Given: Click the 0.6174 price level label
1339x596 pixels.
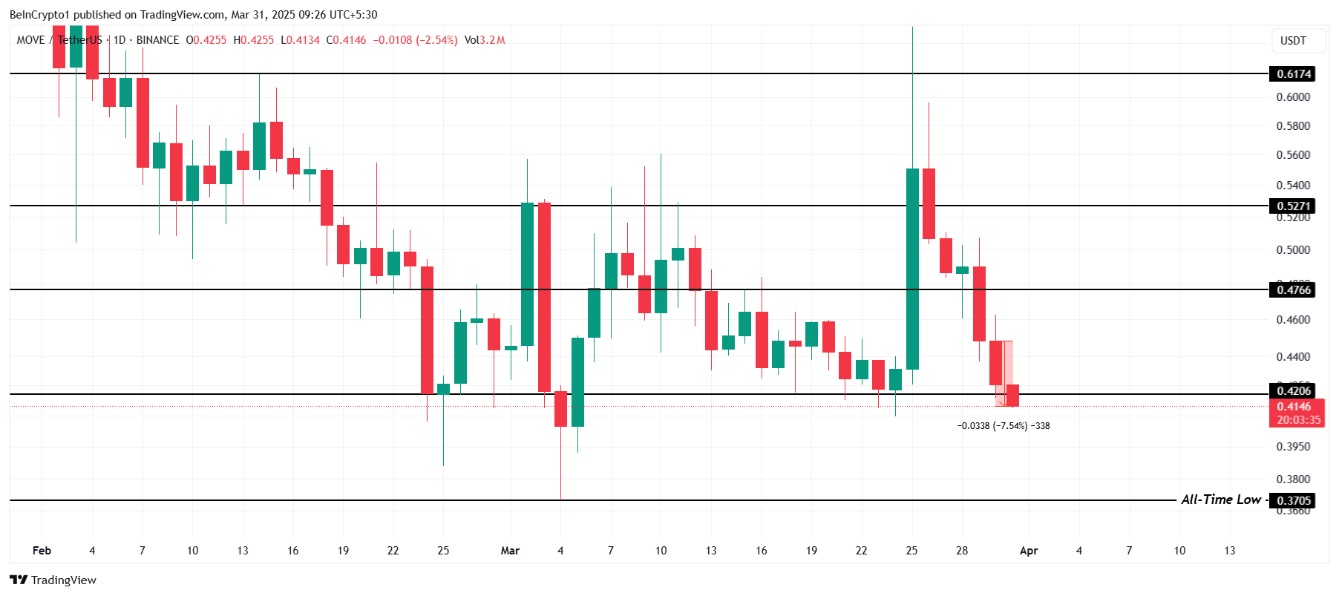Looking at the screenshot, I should point(1293,73).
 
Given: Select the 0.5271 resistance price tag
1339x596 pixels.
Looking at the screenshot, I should point(1293,206).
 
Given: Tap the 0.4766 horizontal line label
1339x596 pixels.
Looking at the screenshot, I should point(1293,289).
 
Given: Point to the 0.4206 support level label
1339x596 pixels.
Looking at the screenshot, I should point(1293,390).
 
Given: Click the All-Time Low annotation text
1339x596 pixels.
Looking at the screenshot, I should point(1220,500).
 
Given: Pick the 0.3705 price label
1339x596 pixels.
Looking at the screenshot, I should point(1293,500).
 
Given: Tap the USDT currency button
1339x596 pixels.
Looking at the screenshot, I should point(1293,41).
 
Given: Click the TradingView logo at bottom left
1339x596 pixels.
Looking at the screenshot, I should point(53,580).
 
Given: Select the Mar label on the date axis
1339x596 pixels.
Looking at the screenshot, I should point(510,551).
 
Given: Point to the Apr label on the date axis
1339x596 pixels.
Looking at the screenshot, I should point(1028,551).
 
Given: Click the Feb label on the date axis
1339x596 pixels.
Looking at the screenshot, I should point(42,551).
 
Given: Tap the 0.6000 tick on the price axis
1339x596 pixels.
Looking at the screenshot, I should point(1293,97).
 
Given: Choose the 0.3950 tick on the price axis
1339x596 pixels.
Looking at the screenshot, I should point(1293,447).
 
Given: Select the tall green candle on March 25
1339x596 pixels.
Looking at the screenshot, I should point(912,267).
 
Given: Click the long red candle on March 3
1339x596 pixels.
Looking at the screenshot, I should point(544,297).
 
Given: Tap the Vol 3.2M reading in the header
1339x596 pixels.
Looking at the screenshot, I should point(485,40).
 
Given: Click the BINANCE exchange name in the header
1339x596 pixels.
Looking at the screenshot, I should point(157,40).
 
